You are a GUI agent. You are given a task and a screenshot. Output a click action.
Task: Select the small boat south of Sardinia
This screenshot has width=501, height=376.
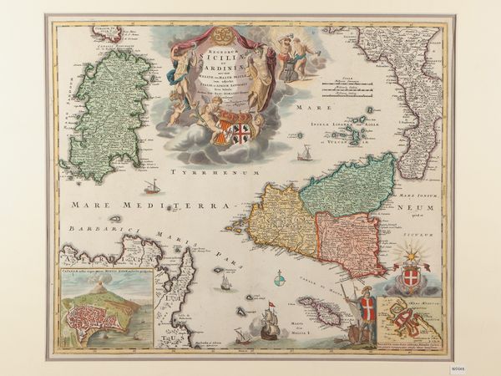pyautogui.click(x=152, y=186)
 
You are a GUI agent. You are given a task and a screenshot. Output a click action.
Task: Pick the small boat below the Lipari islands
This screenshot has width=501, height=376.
pyautogui.click(x=306, y=154)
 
